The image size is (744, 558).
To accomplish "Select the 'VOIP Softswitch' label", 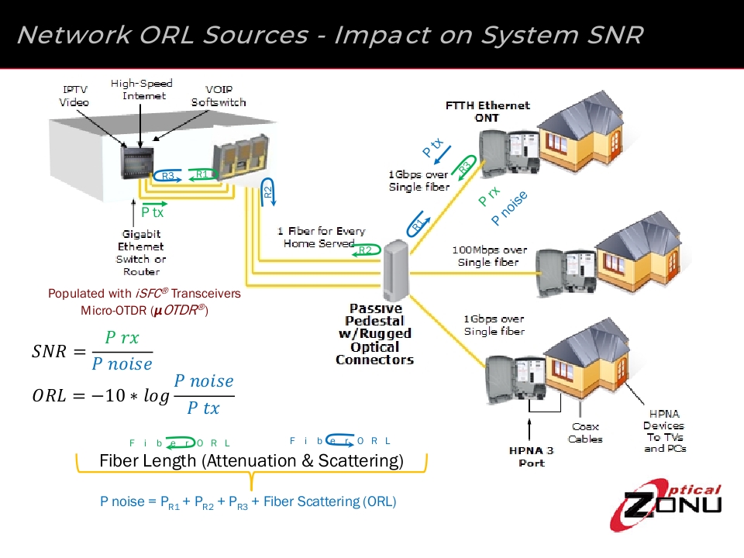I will [219, 96].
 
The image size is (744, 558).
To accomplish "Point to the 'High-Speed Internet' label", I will [142, 89].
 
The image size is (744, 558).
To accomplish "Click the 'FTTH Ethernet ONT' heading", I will [487, 111].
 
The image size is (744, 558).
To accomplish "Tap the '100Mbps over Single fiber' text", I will [489, 256].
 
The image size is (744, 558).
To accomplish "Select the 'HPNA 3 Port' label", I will [531, 456].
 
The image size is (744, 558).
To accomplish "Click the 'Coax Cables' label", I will [585, 432].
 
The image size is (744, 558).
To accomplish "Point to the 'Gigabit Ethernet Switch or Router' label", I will [141, 253].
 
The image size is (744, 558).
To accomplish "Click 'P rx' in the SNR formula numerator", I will [122, 339].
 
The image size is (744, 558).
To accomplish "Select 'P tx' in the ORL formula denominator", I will [203, 408].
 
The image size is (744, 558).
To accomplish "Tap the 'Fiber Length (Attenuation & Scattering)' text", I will [251, 460].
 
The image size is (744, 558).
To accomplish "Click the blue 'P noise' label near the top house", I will [509, 208].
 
